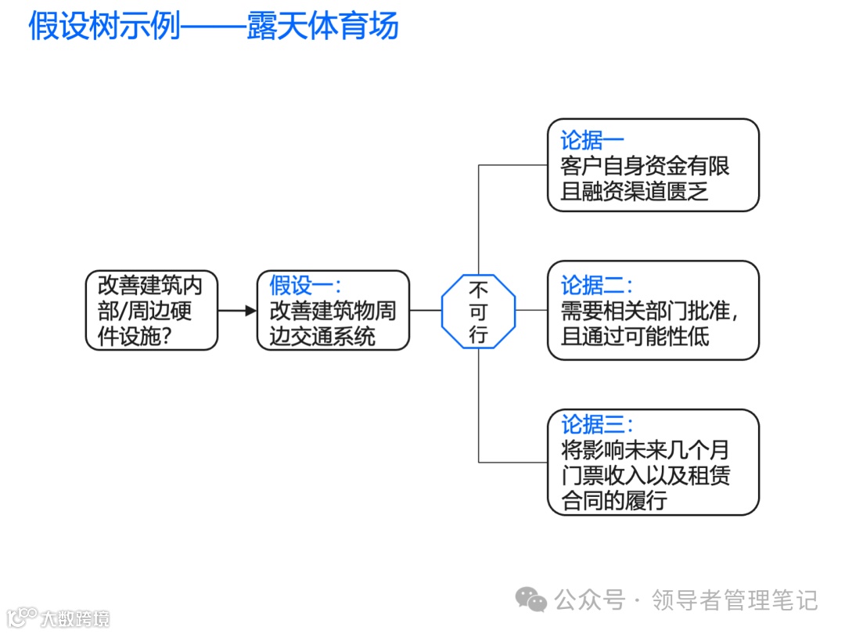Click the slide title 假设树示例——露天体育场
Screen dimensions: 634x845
pyautogui.click(x=214, y=26)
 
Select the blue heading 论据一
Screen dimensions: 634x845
pyautogui.click(x=591, y=141)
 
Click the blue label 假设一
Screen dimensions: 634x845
pyautogui.click(x=305, y=285)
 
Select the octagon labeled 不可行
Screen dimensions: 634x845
pyautogui.click(x=479, y=311)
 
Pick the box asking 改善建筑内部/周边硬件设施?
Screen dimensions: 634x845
pyautogui.click(x=151, y=311)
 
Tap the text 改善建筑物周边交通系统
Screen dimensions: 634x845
pyautogui.click(x=333, y=323)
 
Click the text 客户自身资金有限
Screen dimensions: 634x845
pyautogui.click(x=645, y=167)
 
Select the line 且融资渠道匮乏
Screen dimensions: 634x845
pyautogui.click(x=634, y=192)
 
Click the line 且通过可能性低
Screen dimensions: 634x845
pyautogui.click(x=634, y=337)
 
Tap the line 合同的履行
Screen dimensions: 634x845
pyautogui.click(x=613, y=500)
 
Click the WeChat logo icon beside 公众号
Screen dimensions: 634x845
pyautogui.click(x=531, y=600)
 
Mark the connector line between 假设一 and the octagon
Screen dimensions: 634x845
pyautogui.click(x=426, y=311)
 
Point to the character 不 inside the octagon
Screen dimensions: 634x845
pyautogui.click(x=479, y=288)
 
